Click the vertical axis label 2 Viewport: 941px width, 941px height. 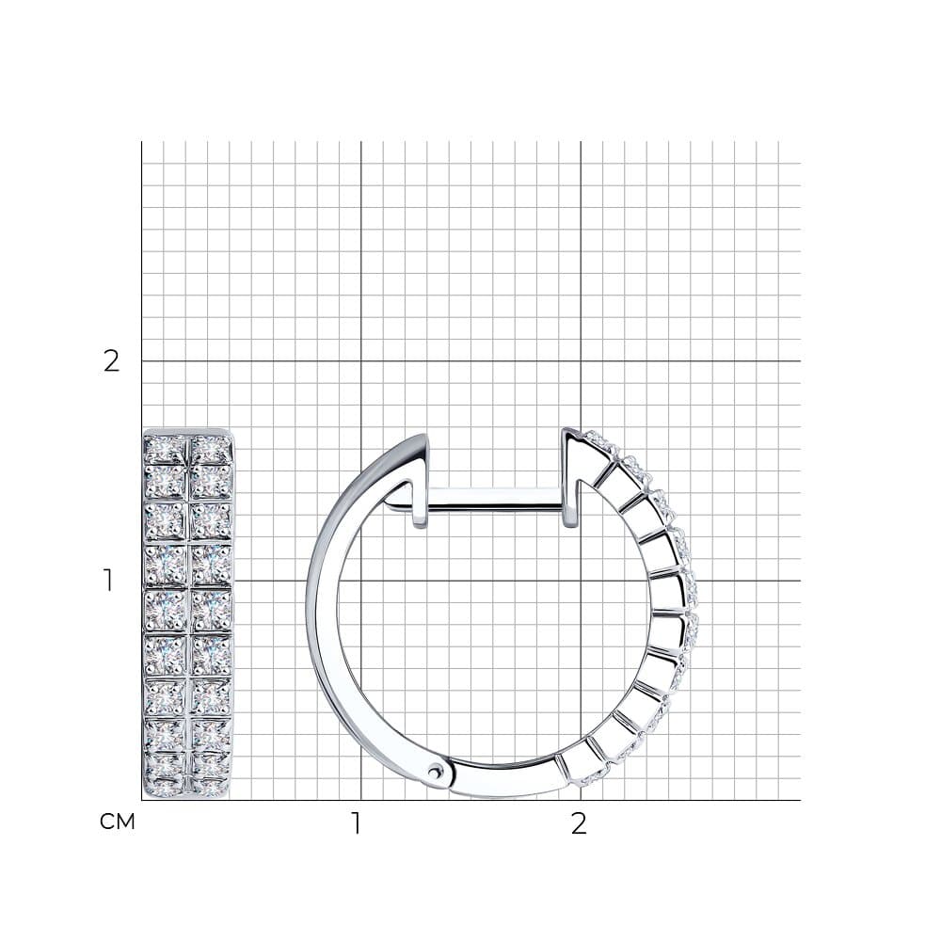click(x=112, y=361)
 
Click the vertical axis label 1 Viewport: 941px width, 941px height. click(x=108, y=581)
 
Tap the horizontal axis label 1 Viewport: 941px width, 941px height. click(x=357, y=824)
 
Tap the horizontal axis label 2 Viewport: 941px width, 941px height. click(x=579, y=824)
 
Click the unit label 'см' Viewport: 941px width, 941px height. click(x=118, y=821)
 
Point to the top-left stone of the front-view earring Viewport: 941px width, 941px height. click(x=166, y=446)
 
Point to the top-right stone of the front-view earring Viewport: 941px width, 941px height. click(x=211, y=446)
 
